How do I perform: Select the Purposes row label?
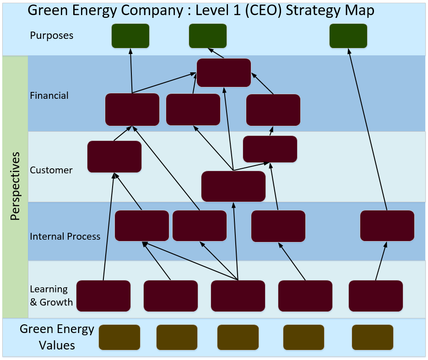51,36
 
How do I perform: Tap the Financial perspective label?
49,96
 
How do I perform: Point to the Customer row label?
51,170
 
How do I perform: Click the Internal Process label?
65,236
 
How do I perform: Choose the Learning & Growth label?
51,296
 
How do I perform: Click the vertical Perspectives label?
15,186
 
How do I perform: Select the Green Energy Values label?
57,337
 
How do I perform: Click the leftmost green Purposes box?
130,36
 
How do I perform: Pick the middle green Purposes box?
208,36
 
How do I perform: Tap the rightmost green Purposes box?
348,36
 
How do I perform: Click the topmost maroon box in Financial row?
224,73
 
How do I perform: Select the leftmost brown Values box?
119,337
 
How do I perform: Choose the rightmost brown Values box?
373,337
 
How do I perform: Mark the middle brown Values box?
238,337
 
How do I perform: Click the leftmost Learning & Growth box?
103,296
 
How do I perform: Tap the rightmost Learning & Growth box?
376,296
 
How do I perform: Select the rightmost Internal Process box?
387,226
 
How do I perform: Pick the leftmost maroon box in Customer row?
114,156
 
